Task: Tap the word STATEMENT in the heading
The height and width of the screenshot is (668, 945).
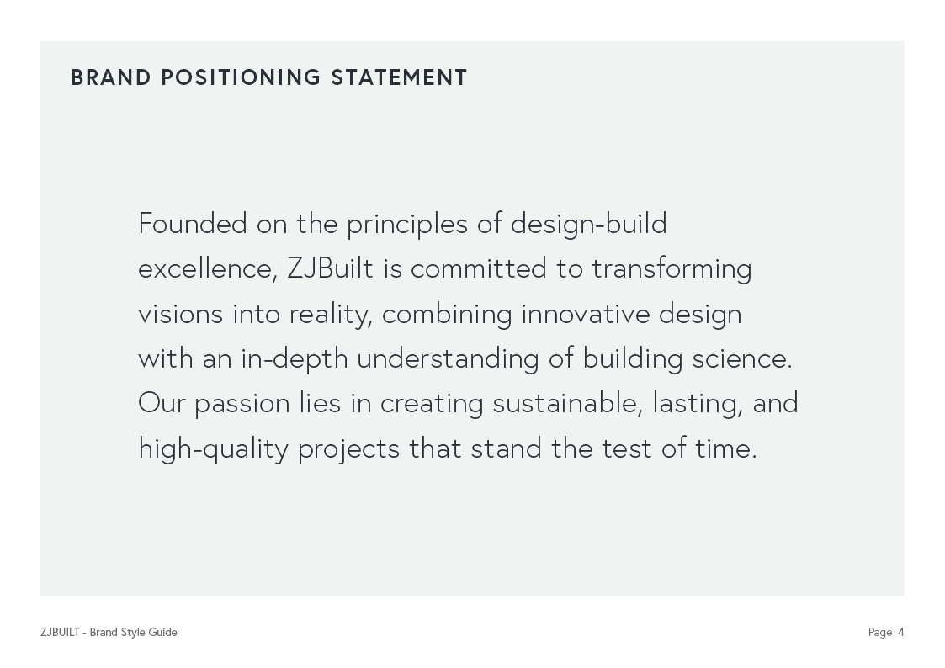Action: coord(399,77)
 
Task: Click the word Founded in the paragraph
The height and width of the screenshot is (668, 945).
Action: coord(193,224)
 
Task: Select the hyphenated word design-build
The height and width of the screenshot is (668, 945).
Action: coord(588,224)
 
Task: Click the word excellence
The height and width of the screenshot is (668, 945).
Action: coord(205,269)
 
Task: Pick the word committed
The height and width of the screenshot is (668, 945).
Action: coord(478,269)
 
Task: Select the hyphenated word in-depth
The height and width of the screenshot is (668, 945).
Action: coord(294,359)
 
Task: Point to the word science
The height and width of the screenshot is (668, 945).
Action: coord(741,359)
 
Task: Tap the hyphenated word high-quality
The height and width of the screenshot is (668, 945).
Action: coord(213,449)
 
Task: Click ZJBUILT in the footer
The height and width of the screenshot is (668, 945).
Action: coord(59,633)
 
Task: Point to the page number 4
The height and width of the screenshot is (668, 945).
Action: coord(900,633)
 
